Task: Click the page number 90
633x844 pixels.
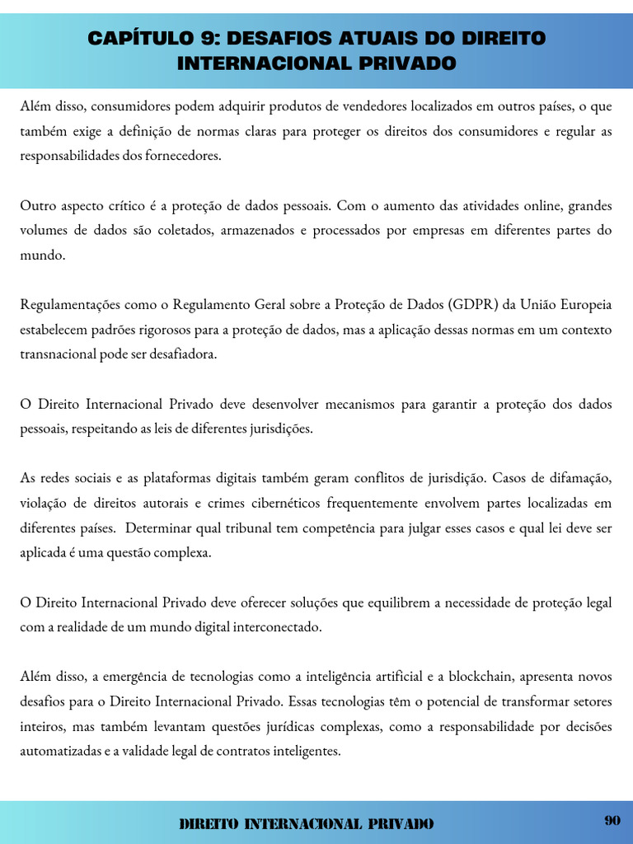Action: click(x=612, y=820)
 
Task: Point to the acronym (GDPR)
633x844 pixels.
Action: click(x=474, y=305)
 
